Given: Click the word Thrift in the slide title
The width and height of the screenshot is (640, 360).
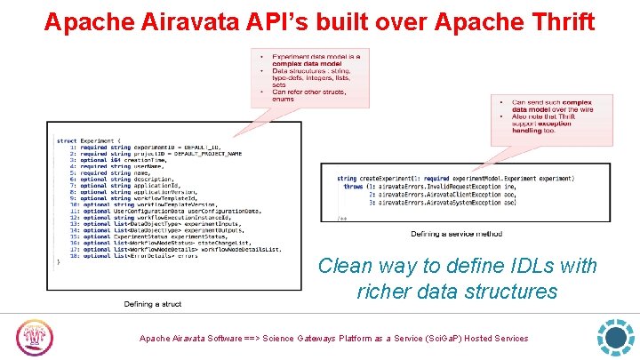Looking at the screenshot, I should [x=555, y=21].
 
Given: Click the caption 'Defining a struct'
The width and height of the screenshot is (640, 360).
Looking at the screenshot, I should [x=152, y=304].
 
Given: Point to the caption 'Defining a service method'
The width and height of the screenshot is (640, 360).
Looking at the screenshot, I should [x=456, y=234].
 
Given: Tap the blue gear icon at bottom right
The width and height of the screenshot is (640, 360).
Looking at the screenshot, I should [x=615, y=338].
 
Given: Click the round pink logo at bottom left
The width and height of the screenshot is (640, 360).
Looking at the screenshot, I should [x=36, y=339].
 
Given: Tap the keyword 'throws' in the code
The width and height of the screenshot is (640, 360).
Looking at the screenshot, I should [x=353, y=186].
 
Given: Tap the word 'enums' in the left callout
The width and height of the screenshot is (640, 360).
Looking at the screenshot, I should [x=282, y=97].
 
